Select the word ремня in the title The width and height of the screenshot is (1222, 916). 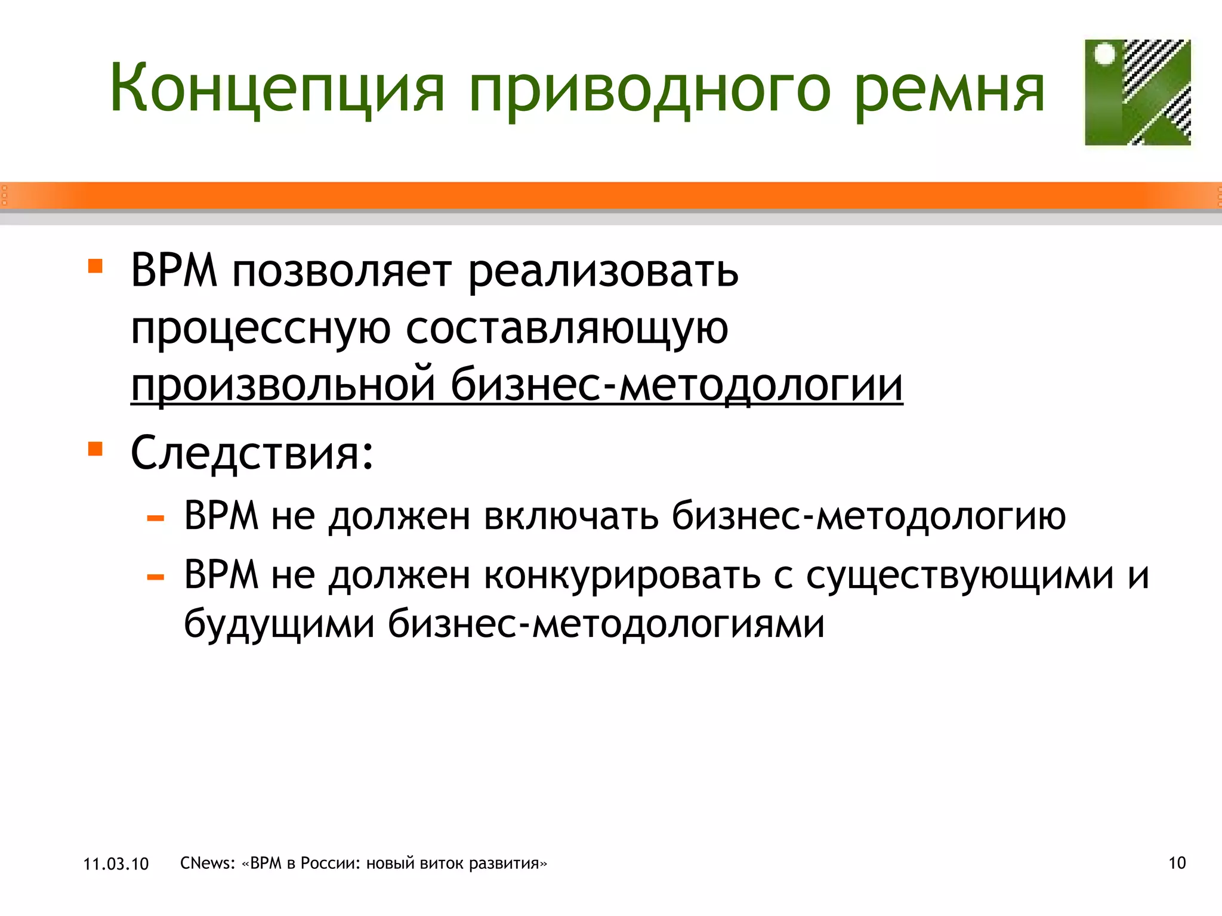950,89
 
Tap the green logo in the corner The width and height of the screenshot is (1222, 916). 1137,92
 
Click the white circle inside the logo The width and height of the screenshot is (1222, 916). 1105,54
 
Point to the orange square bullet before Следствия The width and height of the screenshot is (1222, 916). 95,448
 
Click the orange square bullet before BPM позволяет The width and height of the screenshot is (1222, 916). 95,265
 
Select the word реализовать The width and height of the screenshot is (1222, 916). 603,271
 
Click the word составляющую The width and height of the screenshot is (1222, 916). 567,328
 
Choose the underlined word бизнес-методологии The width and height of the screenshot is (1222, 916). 677,385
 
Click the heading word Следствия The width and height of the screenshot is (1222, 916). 252,453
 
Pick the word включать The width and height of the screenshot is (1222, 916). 571,516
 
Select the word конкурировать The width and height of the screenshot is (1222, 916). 622,575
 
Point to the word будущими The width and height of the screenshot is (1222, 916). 279,624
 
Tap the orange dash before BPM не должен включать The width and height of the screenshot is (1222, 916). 155,518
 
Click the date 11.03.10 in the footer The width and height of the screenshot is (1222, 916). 116,864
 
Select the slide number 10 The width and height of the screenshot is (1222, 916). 1177,863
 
